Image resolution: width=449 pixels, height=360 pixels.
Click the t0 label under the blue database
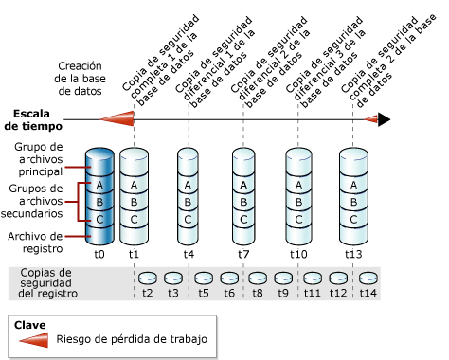coord(99,254)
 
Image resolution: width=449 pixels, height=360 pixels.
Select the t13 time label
coord(353,254)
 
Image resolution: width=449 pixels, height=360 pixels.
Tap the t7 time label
coord(243,254)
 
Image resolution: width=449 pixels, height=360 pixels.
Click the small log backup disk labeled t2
coord(148,278)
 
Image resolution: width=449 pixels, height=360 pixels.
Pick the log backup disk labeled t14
coord(368,278)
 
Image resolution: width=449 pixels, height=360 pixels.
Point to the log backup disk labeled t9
coord(282,278)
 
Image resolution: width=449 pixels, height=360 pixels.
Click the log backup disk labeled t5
coord(203,278)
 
